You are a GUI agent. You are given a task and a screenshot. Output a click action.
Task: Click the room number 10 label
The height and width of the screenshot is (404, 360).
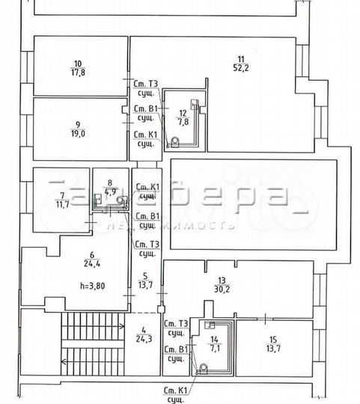(x=77, y=63)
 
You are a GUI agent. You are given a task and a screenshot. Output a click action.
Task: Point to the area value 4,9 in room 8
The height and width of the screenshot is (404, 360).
(x=109, y=190)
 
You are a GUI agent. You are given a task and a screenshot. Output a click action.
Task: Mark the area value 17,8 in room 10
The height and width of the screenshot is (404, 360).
(x=77, y=73)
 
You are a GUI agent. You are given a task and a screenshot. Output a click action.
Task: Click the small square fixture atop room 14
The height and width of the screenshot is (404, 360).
(x=210, y=325)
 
